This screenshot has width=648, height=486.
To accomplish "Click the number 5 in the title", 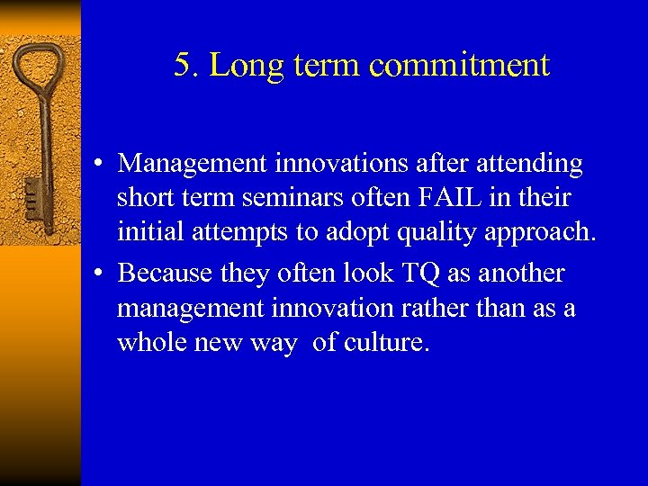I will click(x=183, y=66).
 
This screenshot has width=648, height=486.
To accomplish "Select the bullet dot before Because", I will click(x=105, y=274).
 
